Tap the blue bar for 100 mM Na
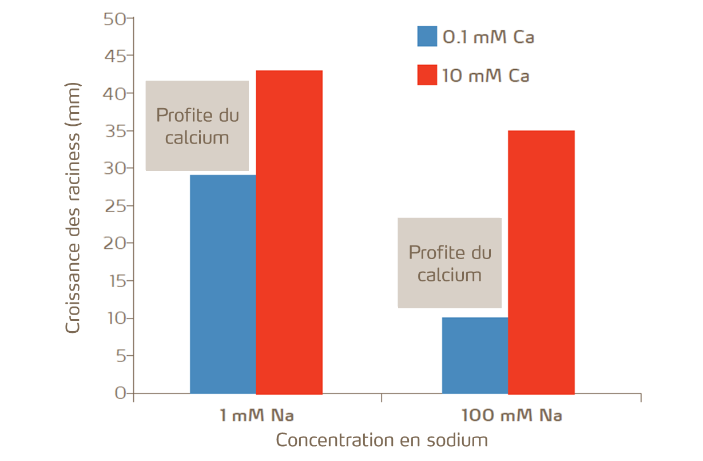tap(475, 355)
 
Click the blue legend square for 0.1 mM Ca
tap(427, 37)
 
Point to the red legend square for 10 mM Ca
tap(427, 75)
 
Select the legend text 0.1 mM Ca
tap(488, 38)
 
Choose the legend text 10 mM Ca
tap(486, 75)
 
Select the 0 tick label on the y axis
tap(120, 393)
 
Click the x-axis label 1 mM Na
tap(256, 415)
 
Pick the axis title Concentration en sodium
tap(382, 440)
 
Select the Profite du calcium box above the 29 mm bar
tap(197, 126)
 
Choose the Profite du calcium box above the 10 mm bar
tap(450, 263)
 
